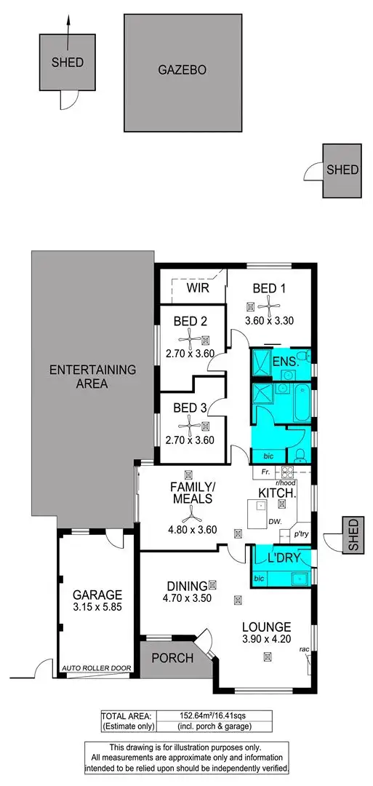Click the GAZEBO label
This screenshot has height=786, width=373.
(x=183, y=71)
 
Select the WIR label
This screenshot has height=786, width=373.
(x=198, y=289)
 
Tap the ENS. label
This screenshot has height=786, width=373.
(x=285, y=361)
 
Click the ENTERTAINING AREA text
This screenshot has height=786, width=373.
(x=92, y=376)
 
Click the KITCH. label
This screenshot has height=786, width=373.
(x=277, y=493)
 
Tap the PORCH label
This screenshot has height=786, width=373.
(x=172, y=659)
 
